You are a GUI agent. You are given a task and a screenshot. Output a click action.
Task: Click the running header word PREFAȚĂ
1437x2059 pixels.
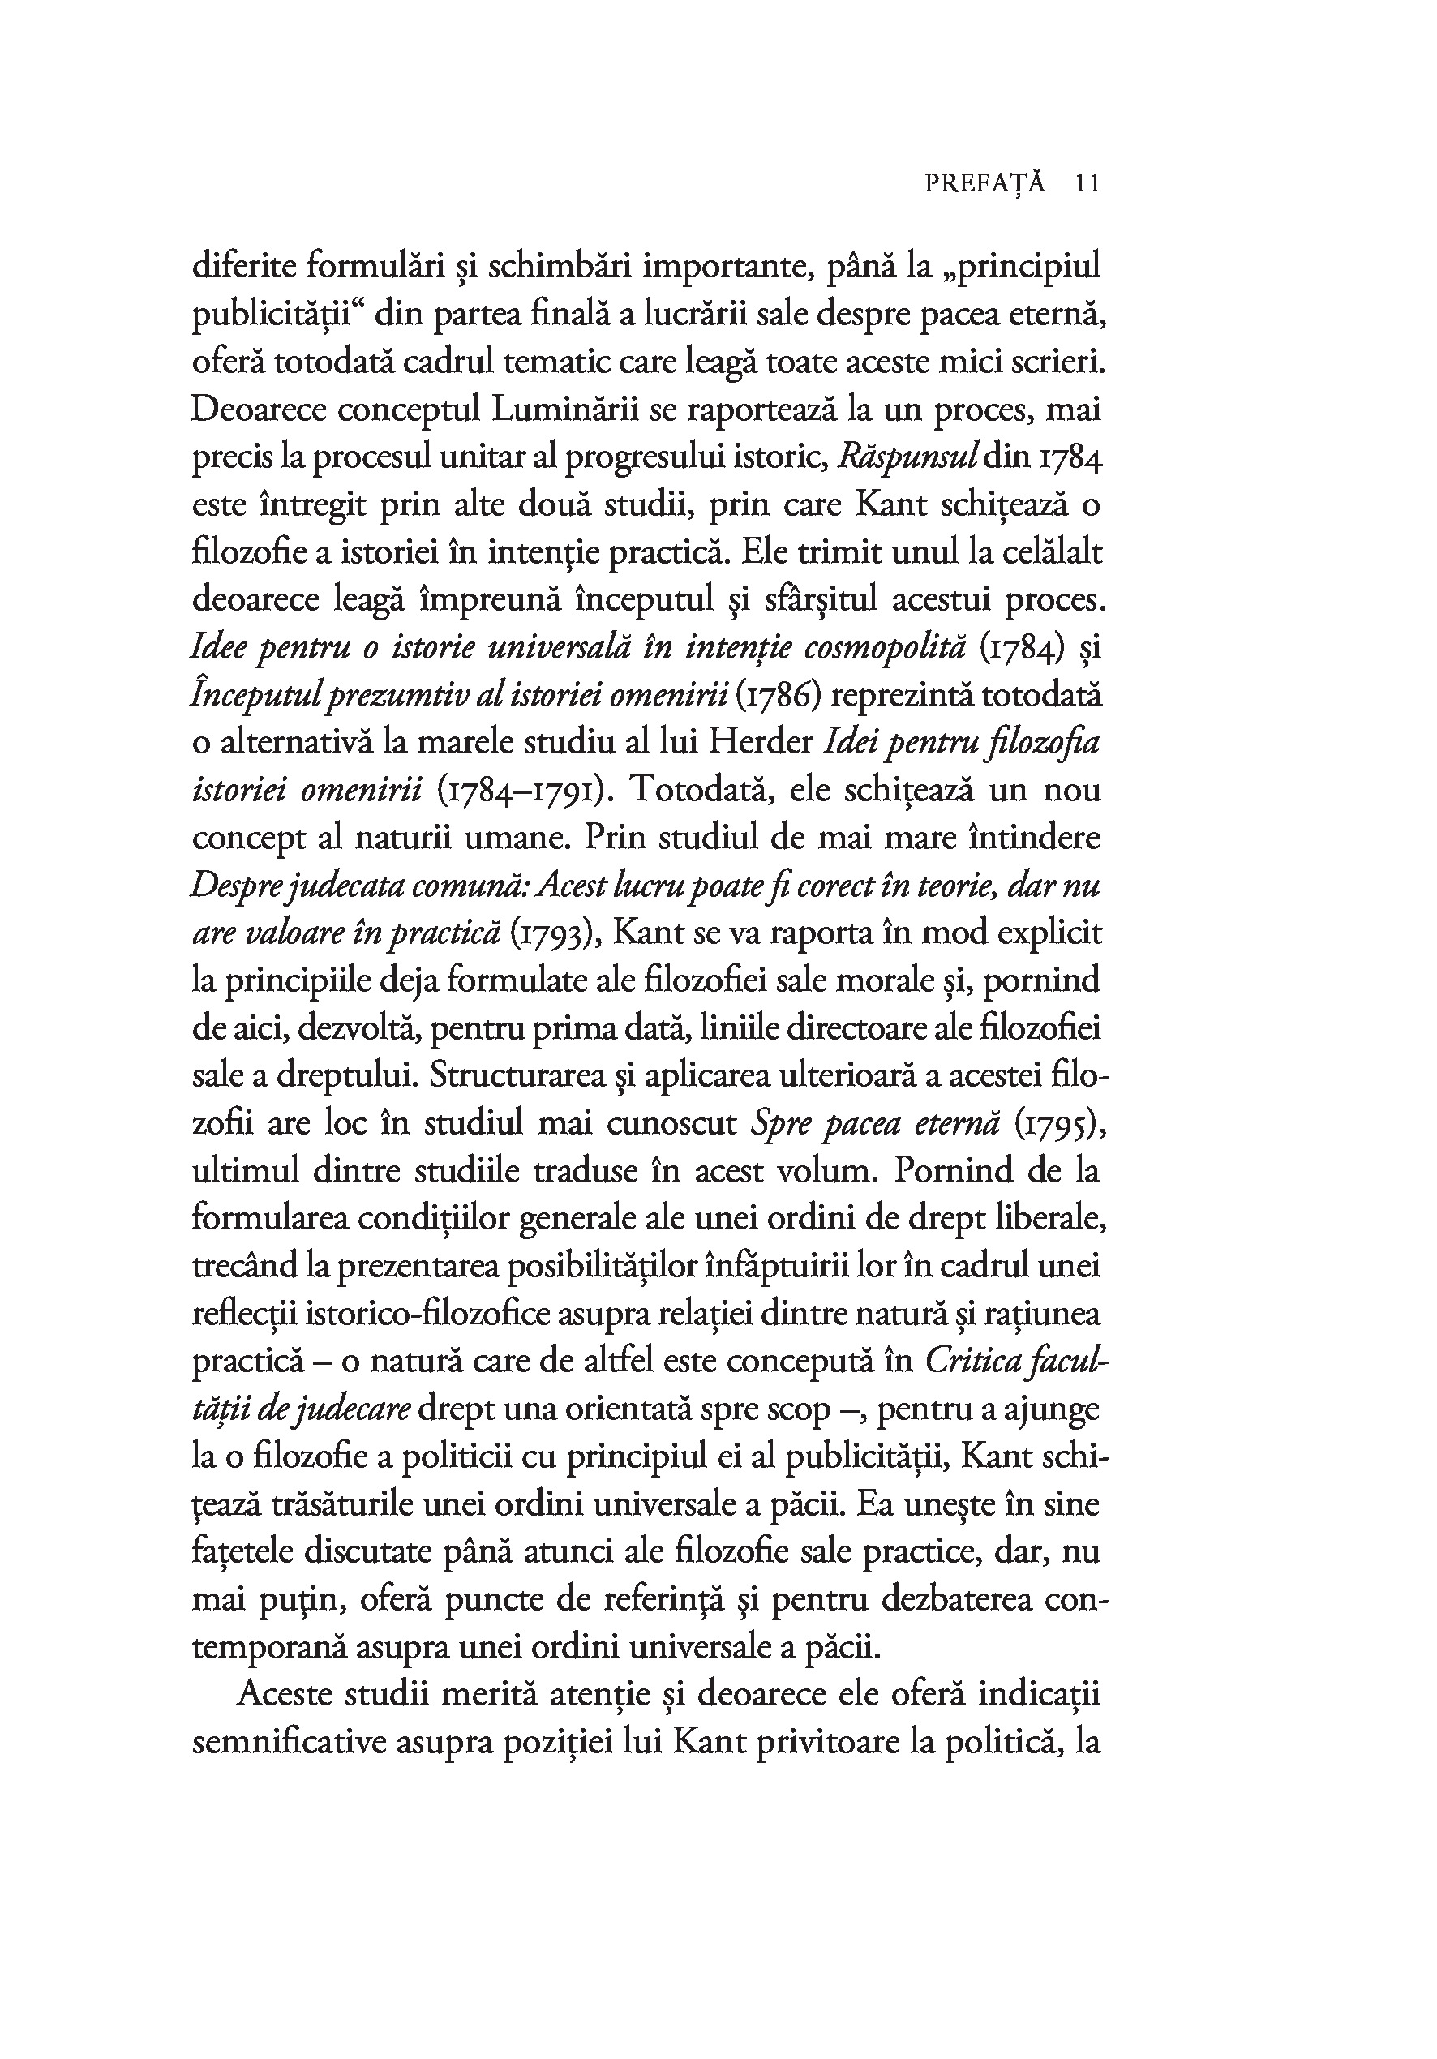984,184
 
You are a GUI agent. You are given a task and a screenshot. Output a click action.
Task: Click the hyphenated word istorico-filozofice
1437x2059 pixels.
427,1314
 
